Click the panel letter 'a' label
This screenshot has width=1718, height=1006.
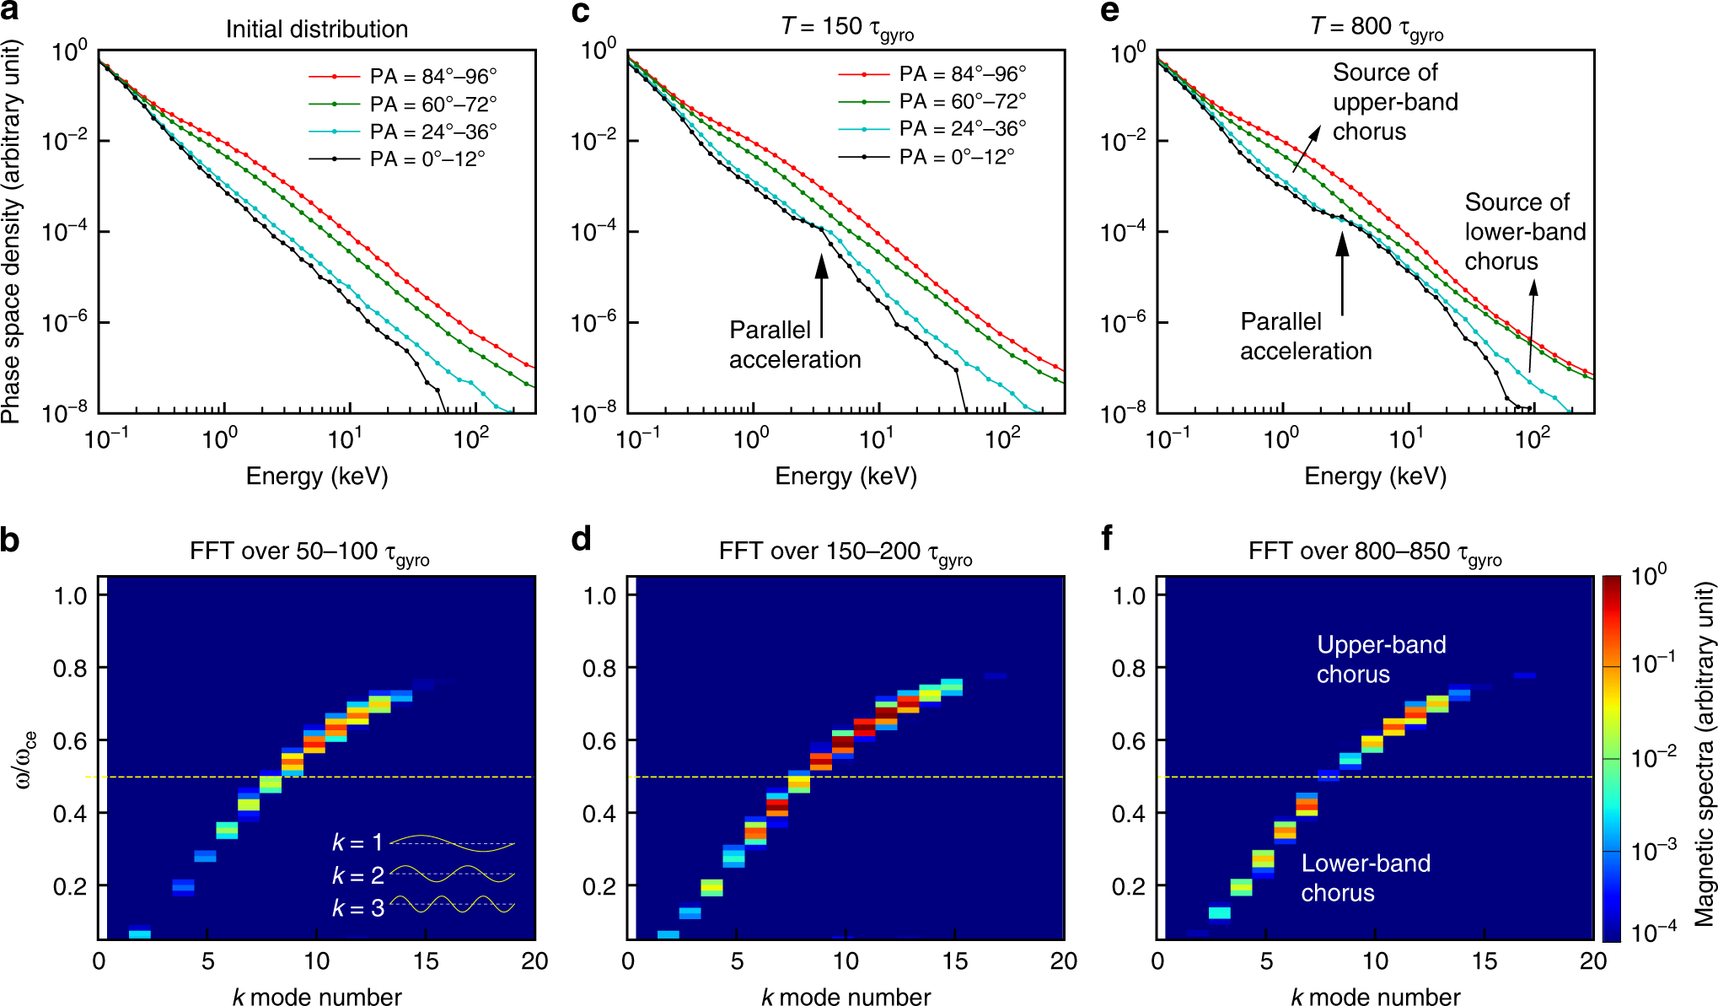click(10, 11)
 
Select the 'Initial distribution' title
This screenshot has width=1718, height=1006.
click(316, 30)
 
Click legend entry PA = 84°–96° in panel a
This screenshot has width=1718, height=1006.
click(432, 77)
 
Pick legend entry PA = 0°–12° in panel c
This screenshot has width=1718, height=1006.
click(956, 157)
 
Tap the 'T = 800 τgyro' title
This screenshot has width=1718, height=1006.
click(1376, 28)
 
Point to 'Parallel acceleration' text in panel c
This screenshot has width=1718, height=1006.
click(794, 344)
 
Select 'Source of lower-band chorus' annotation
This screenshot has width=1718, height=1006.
click(1524, 232)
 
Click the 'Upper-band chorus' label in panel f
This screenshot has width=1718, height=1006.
click(1380, 659)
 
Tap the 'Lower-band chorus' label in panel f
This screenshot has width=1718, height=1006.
click(1365, 878)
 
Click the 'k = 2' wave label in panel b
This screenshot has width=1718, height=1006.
click(357, 875)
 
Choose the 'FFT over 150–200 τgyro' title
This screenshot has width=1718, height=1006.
click(845, 552)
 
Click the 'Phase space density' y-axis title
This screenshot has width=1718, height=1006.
click(11, 232)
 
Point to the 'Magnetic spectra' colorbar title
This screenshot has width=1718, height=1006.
click(1705, 754)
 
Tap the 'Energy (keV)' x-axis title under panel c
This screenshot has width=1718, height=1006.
click(846, 476)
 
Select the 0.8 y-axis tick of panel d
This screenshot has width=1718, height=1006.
click(599, 669)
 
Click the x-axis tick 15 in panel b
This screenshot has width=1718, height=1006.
click(426, 961)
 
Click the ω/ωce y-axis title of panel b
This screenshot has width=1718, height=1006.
click(27, 758)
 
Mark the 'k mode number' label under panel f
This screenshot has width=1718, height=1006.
click(1375, 997)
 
